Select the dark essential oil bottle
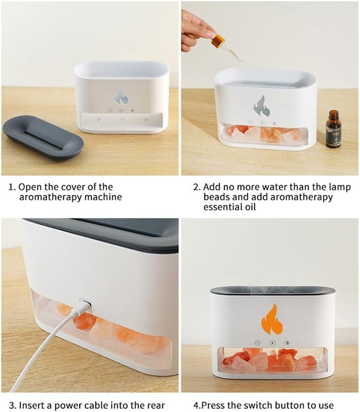pos(333,130)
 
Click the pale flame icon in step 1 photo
pos(121,95)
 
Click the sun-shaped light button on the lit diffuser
pos(287,343)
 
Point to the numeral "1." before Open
pos(13,187)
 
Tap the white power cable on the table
pos(40,355)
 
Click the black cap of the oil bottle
pos(333,113)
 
